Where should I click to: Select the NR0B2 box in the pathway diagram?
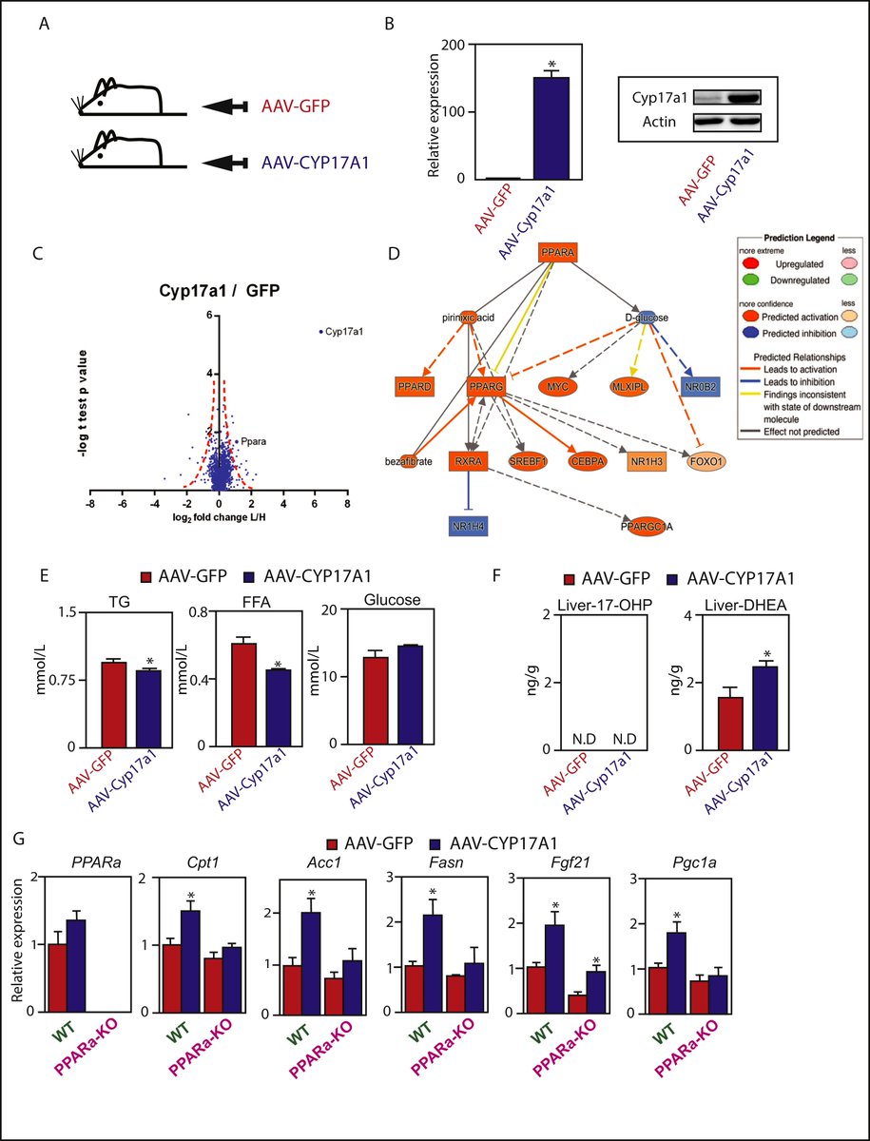693,387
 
